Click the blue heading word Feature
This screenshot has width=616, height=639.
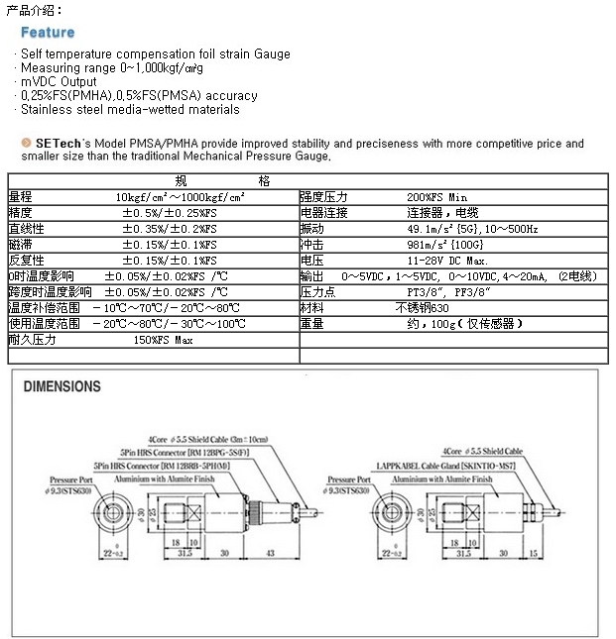point(48,32)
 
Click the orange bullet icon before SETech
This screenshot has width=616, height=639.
point(27,144)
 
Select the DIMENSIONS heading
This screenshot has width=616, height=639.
point(62,386)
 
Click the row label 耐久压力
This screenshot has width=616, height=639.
point(32,339)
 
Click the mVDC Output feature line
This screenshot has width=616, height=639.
point(60,82)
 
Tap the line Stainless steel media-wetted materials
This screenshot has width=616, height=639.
point(131,110)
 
